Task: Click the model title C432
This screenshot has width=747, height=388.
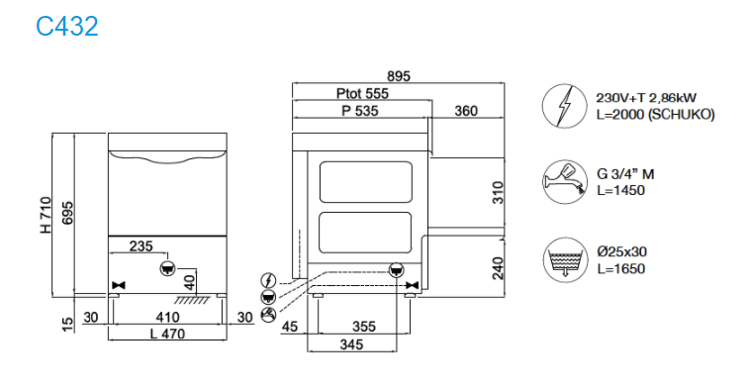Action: tap(67, 26)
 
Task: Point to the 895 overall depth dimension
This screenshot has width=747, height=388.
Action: tap(399, 76)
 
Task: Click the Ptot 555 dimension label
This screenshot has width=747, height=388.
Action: tap(362, 93)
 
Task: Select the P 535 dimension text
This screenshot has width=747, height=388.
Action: tap(360, 111)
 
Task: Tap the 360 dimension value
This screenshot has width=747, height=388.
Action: tap(466, 111)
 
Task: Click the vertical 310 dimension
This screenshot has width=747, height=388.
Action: tap(498, 193)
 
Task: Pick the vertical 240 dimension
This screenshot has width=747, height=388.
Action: tap(498, 268)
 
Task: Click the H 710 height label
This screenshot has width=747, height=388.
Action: tap(46, 215)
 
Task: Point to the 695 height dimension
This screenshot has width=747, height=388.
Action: tap(67, 214)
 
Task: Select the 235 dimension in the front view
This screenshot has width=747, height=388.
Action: tap(141, 245)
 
